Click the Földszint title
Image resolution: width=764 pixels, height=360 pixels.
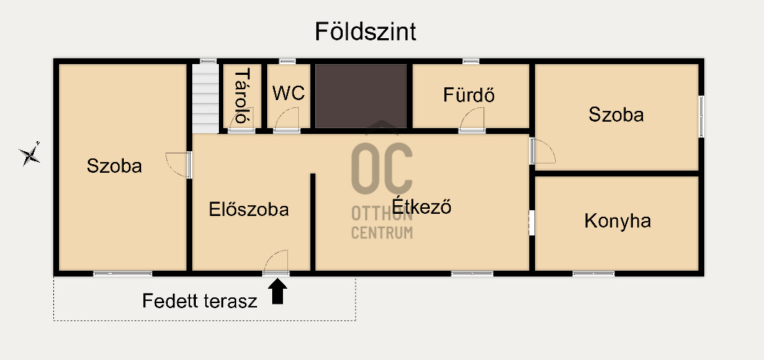pyautogui.click(x=365, y=32)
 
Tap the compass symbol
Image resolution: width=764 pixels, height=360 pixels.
pyautogui.click(x=30, y=155)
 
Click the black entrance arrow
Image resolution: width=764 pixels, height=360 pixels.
pyautogui.click(x=278, y=291)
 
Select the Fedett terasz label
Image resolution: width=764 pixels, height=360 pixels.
pyautogui.click(x=199, y=300)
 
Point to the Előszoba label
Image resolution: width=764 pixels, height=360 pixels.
pyautogui.click(x=249, y=210)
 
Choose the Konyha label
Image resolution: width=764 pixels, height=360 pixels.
pyautogui.click(x=617, y=221)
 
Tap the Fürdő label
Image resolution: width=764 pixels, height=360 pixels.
pyautogui.click(x=469, y=94)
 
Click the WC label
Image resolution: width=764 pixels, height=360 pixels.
pyautogui.click(x=289, y=93)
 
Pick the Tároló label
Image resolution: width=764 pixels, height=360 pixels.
pyautogui.click(x=242, y=96)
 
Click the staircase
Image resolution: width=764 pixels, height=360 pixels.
pyautogui.click(x=205, y=98)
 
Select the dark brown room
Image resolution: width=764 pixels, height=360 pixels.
pyautogui.click(x=361, y=96)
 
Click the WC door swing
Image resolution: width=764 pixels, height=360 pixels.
pyautogui.click(x=287, y=120)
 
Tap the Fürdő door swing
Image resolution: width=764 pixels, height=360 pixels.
pyautogui.click(x=472, y=120)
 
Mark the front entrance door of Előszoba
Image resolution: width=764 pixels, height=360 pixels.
pyautogui.click(x=276, y=263)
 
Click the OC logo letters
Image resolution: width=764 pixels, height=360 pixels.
pyautogui.click(x=382, y=168)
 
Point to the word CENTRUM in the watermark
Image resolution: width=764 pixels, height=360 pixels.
pyautogui.click(x=382, y=233)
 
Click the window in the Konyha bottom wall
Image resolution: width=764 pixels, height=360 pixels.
pyautogui.click(x=593, y=274)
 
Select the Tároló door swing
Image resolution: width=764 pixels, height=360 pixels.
pyautogui.click(x=242, y=120)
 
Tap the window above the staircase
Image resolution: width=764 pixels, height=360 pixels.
pyautogui.click(x=208, y=61)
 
